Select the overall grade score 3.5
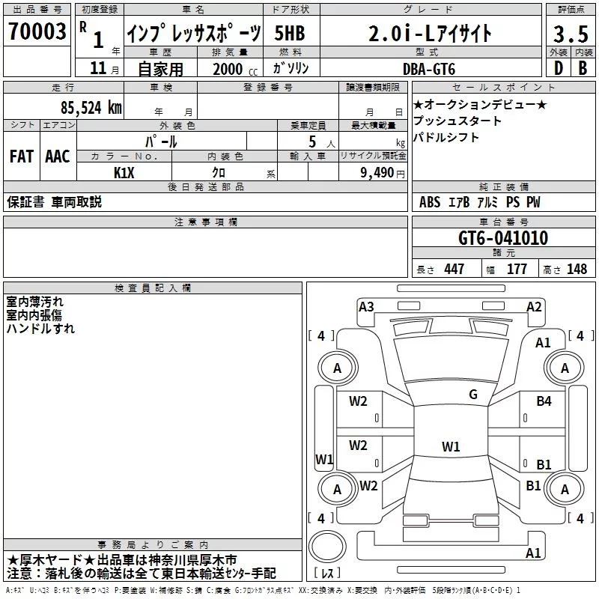(570, 34)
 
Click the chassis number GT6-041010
(503, 239)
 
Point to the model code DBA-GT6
(429, 68)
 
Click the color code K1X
(124, 172)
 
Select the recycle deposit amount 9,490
(377, 172)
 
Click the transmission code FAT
(21, 156)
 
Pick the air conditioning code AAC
(57, 156)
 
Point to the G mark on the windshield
(472, 395)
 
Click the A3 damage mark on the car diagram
(366, 306)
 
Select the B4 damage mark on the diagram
(544, 401)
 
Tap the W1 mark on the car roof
(450, 447)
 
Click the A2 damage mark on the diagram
(534, 306)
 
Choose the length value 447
(454, 270)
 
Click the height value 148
(577, 270)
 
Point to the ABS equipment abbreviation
(430, 202)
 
